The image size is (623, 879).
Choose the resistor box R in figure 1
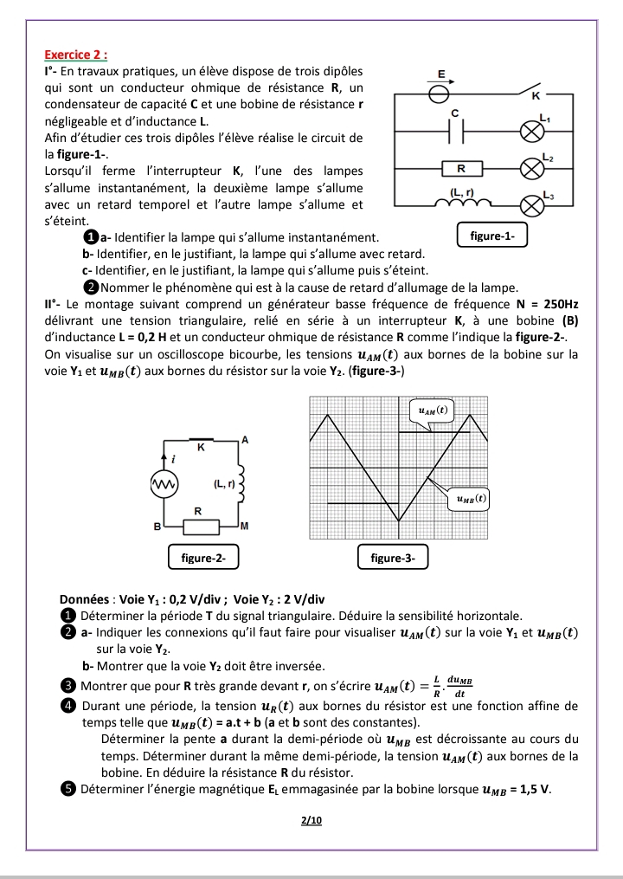(x=461, y=167)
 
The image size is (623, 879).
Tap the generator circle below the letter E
(x=440, y=90)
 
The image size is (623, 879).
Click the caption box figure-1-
(x=491, y=235)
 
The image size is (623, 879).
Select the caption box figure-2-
(x=203, y=558)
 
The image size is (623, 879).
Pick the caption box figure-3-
(x=393, y=558)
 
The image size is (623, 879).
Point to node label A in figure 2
(x=245, y=441)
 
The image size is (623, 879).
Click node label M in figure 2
(x=245, y=526)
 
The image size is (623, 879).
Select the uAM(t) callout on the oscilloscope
(x=432, y=410)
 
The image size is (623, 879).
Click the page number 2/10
(x=311, y=819)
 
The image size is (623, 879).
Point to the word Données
(x=87, y=599)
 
